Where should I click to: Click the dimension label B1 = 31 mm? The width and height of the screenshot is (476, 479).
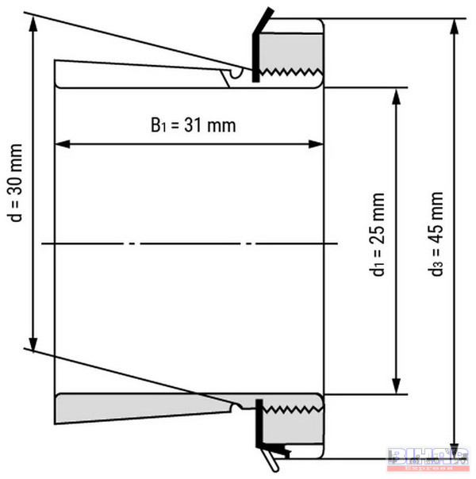click(194, 125)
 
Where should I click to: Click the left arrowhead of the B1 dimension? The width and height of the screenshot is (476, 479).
click(59, 144)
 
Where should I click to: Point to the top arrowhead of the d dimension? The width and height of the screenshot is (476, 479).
click(34, 21)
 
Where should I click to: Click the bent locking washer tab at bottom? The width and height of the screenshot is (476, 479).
click(271, 457)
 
